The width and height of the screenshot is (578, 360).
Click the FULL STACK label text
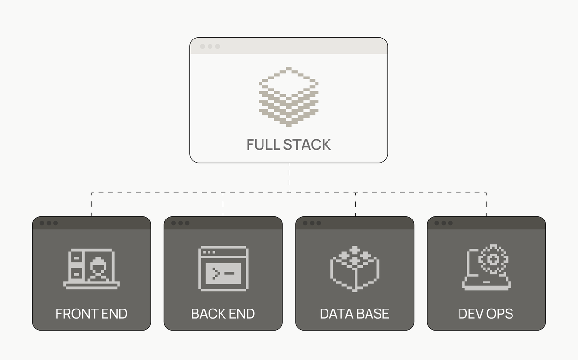point(289,144)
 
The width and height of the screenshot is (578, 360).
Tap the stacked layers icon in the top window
point(289,98)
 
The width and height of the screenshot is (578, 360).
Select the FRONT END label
point(92,314)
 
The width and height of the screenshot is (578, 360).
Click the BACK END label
point(223,314)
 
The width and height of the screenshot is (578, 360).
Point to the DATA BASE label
point(355,314)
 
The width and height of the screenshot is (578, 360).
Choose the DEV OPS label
point(486,314)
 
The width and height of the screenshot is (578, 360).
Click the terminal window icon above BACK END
point(223,269)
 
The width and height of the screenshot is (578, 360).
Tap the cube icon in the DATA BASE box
point(355,268)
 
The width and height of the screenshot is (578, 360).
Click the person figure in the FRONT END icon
point(99,270)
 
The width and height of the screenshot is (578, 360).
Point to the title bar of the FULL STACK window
point(299,46)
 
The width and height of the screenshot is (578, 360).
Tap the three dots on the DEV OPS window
point(443,223)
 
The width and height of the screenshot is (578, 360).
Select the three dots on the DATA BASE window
point(312,223)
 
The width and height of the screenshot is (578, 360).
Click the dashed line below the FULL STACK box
point(289,177)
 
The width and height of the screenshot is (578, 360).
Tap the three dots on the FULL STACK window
point(210,46)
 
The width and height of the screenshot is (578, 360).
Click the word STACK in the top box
point(307,144)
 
